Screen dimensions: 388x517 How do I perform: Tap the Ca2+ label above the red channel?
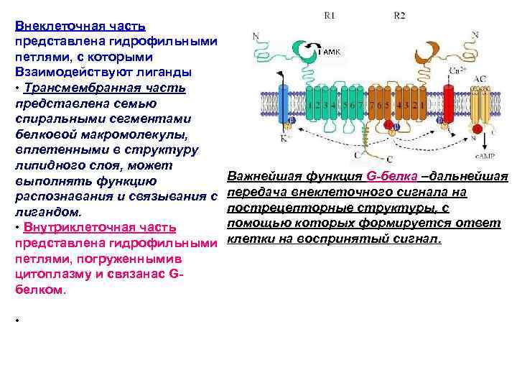tap(454, 70)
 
